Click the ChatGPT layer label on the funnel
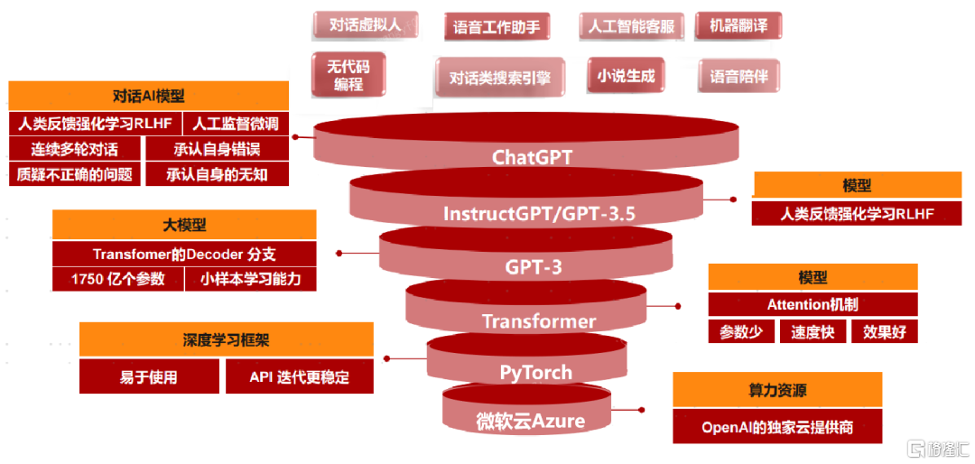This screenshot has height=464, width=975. point(532,157)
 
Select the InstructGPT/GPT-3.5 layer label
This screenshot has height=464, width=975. point(539,214)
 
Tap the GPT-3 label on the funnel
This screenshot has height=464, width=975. point(533,266)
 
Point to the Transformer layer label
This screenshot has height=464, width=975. point(539,321)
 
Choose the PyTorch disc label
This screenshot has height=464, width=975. point(536,372)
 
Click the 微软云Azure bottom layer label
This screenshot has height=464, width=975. point(531,421)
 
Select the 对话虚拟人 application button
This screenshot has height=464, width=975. point(365,25)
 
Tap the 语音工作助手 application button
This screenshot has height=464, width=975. point(497,27)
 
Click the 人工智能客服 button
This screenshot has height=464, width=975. point(631,26)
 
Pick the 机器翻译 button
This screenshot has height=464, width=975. point(738,25)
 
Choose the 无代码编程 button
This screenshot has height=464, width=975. point(348,74)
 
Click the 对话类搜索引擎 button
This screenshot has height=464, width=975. point(499,78)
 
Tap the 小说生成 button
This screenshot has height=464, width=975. point(626,76)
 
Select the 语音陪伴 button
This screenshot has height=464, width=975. point(738,77)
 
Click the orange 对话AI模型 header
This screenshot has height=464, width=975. point(148,96)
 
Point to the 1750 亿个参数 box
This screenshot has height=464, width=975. point(118,279)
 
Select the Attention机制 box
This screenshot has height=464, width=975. point(812,304)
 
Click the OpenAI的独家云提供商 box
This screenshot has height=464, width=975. point(777,427)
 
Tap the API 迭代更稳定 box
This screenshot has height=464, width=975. point(299,376)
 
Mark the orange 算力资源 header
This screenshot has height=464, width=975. point(777,390)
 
